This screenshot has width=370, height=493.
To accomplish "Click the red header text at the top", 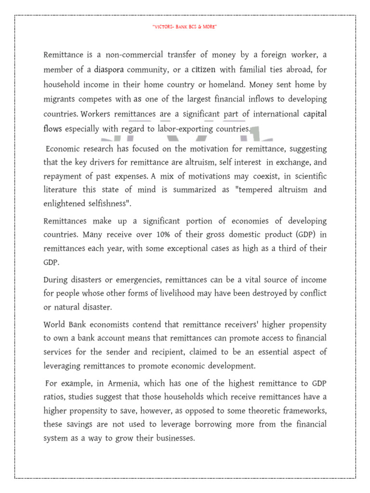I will pos(185,27).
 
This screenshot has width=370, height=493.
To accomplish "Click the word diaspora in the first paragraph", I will pos(112,70).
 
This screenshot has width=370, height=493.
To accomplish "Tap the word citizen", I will pos(203,70).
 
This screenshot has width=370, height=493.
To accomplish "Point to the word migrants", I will pos(60,100).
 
